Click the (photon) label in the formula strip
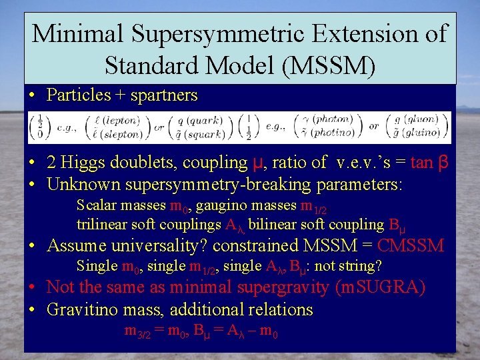coord(335,121)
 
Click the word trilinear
coord(103,225)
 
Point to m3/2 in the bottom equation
coord(139,331)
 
